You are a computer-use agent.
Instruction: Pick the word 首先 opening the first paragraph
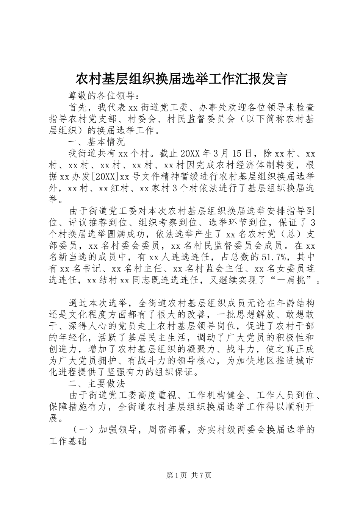(x=78, y=107)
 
